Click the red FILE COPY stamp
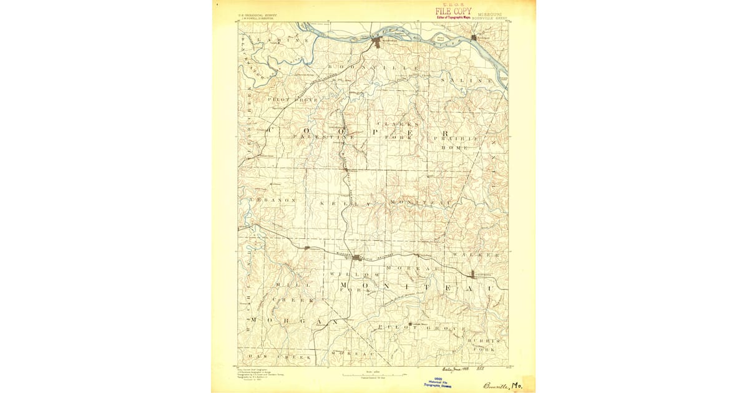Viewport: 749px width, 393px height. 453,11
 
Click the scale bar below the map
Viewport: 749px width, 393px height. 373,375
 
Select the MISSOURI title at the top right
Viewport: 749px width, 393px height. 491,13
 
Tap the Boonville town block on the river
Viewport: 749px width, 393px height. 378,42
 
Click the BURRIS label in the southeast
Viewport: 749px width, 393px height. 486,341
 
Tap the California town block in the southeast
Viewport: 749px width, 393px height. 472,274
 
